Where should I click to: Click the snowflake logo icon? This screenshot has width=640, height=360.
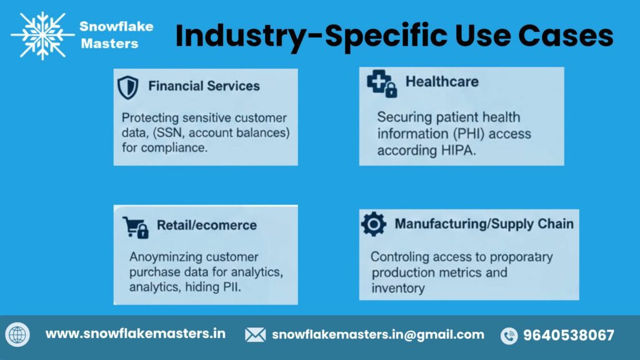[x=42, y=36]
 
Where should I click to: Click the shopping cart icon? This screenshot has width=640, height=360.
[x=136, y=227]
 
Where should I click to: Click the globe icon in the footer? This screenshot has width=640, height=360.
[x=17, y=335]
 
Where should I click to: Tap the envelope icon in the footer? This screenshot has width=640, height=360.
[x=255, y=335]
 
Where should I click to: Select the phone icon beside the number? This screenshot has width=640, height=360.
[x=509, y=336]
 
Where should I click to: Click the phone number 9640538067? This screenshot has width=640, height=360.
[x=569, y=335]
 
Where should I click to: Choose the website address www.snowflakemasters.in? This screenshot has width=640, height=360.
[x=136, y=334]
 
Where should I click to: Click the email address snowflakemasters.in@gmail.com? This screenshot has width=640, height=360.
[x=378, y=334]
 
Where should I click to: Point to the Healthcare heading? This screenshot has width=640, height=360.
[x=442, y=81]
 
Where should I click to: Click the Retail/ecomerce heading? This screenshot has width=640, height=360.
[x=207, y=225]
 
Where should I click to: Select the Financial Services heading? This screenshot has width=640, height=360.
[x=204, y=86]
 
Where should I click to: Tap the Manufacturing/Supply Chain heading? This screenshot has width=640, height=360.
[x=484, y=223]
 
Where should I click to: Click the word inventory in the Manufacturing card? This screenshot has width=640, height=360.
[x=398, y=288]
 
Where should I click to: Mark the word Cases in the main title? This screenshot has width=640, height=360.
[x=567, y=36]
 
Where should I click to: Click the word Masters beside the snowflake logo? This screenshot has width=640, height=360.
[x=109, y=44]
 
